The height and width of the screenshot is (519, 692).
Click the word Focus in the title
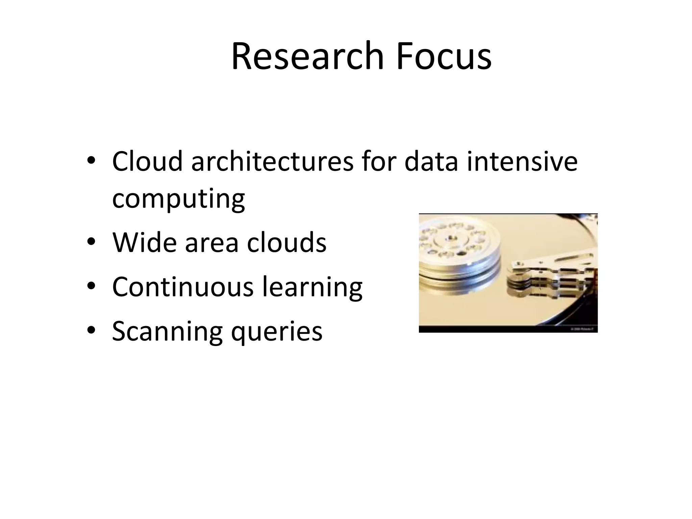click(x=444, y=56)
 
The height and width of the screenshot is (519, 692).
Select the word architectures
click(x=272, y=162)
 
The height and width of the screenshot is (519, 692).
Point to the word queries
click(x=277, y=332)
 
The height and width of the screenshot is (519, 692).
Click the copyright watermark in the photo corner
click(x=584, y=328)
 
